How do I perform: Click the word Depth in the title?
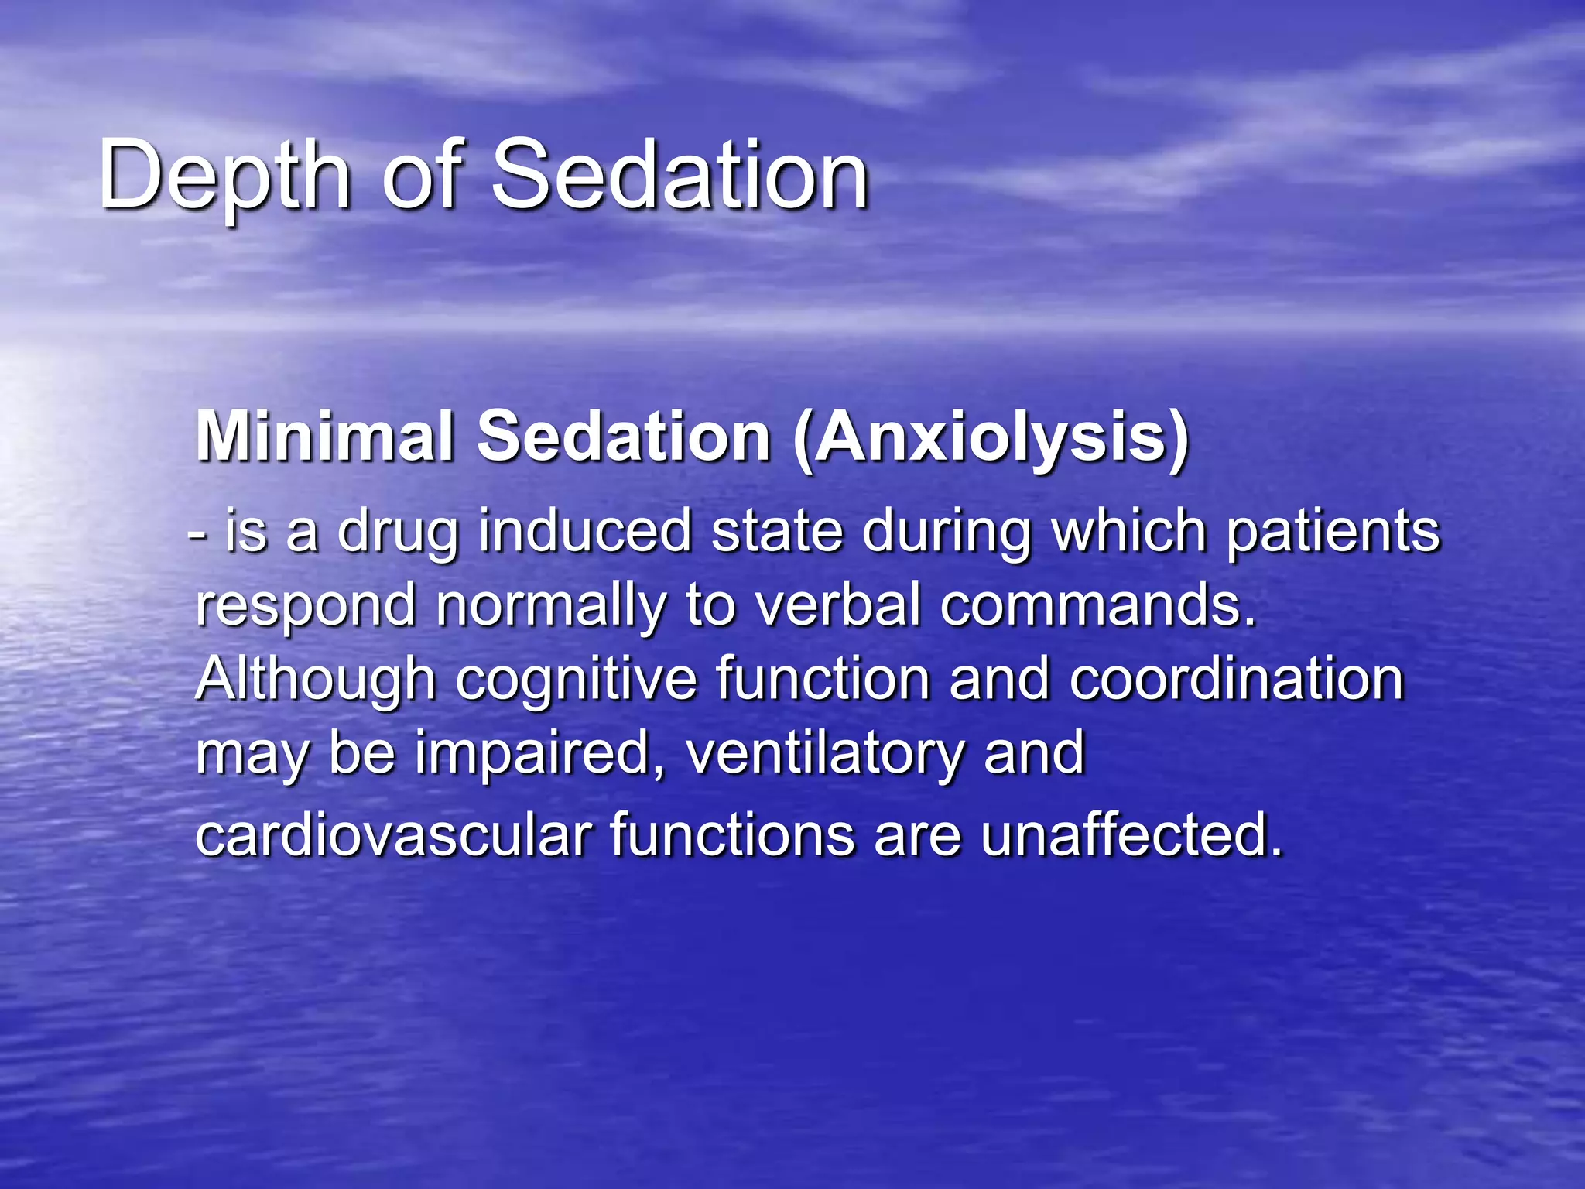(224, 176)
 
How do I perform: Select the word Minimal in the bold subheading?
(324, 437)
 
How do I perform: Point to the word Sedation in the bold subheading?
(623, 437)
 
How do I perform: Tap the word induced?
(585, 532)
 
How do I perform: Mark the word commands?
(1097, 605)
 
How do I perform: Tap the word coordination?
(1237, 680)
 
